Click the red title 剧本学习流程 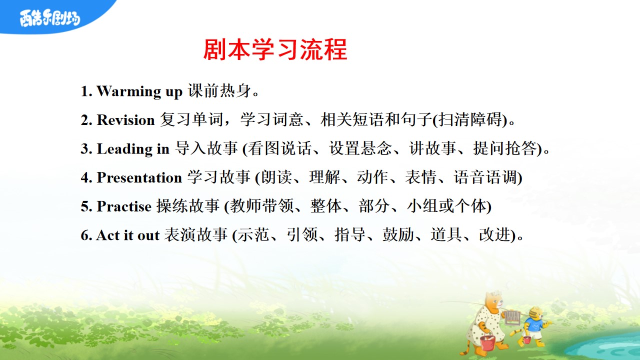coord(275,49)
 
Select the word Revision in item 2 coord(125,120)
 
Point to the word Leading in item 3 coord(124,149)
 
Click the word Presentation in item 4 coord(139,177)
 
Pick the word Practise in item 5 coord(124,206)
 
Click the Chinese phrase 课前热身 coord(219,91)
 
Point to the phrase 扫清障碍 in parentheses coord(470,119)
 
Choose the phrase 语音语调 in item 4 coord(485,177)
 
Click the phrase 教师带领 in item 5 coord(262,205)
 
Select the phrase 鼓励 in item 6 coord(398,234)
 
